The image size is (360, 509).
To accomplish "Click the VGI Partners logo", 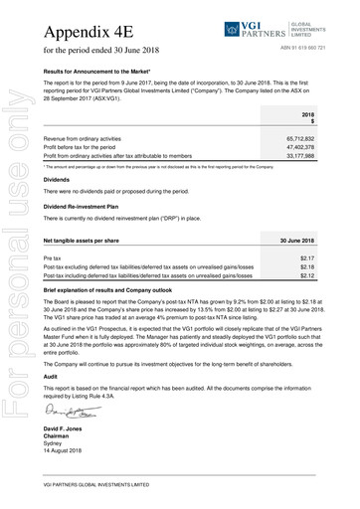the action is click(x=270, y=24).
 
